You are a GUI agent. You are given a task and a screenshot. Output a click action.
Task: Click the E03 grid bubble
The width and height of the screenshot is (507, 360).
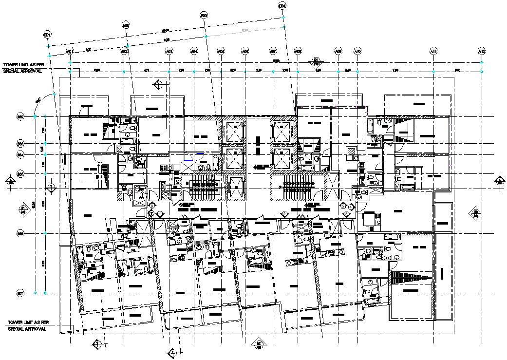pyautogui.click(x=204, y=15)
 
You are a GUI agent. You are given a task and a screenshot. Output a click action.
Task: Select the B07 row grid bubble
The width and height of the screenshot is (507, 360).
pyautogui.click(x=20, y=293)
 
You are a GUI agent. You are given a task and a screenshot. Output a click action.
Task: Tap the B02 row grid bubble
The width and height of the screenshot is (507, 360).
pyautogui.click(x=20, y=117)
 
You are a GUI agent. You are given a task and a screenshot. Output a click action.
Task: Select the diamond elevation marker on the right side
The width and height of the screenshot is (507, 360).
pyautogui.click(x=476, y=212)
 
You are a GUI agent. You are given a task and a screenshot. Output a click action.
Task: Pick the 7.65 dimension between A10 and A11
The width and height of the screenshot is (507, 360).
pyautogui.click(x=395, y=71)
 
